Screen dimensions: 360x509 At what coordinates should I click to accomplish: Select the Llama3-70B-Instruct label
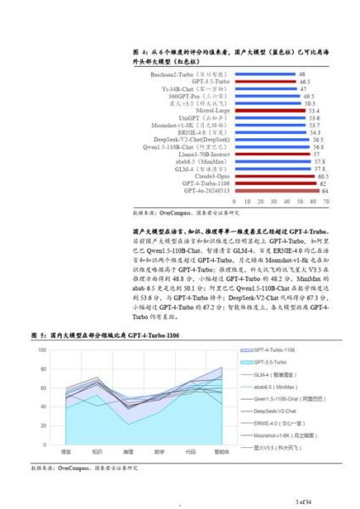(x=191, y=154)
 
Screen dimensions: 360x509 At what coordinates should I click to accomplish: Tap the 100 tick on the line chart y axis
(x=42, y=350)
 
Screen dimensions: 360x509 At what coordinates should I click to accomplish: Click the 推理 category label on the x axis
(x=127, y=452)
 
